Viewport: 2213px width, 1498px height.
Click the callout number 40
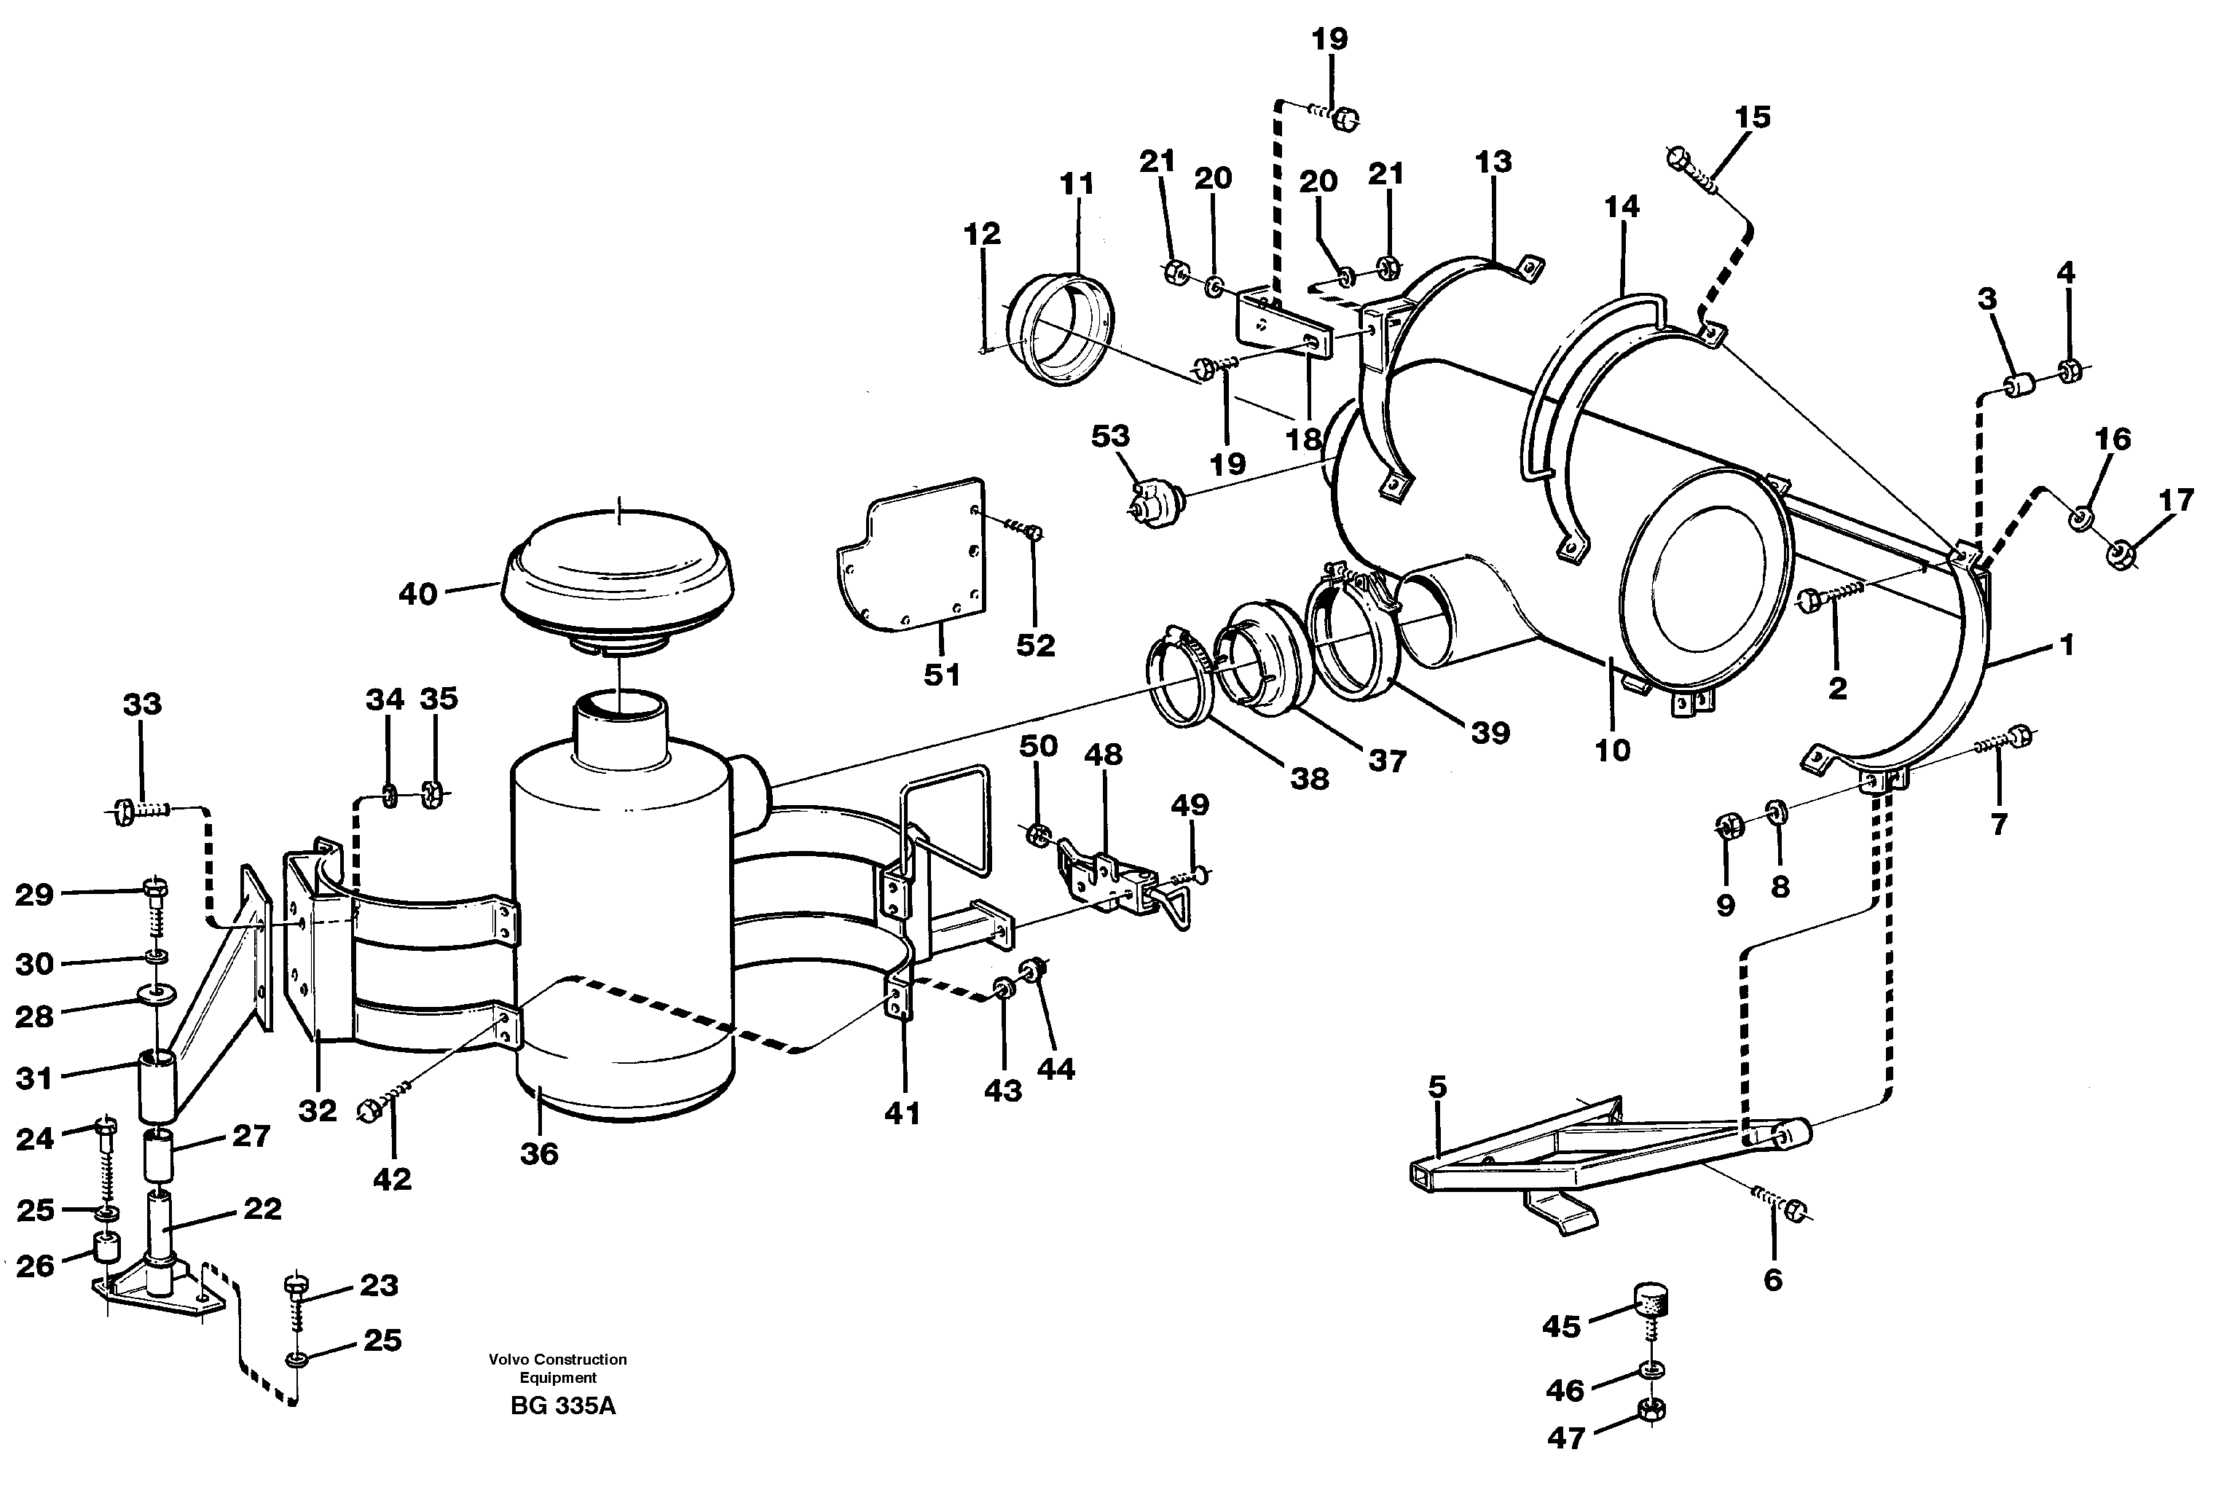[417, 595]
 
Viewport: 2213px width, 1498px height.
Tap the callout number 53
[1110, 436]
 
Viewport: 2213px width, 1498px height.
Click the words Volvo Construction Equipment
[558, 1368]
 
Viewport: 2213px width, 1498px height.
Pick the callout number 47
[1565, 1438]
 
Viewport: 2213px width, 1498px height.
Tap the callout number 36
[539, 1154]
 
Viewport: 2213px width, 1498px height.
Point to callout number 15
[1752, 117]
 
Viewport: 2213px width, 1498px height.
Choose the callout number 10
[1612, 750]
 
